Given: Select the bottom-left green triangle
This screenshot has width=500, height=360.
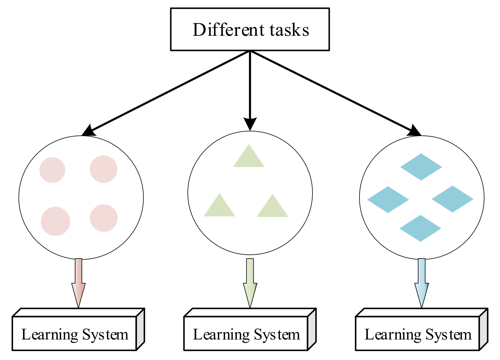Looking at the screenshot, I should pos(219,208).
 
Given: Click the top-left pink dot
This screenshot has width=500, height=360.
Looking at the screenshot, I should pos(52,170).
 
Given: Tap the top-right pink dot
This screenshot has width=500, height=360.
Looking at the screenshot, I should pos(104,169).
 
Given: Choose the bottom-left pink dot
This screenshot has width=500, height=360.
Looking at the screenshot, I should pos(55,221).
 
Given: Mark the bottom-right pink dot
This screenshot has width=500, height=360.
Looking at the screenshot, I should pos(104,218).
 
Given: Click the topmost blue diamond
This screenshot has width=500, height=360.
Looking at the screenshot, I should pos(421,167).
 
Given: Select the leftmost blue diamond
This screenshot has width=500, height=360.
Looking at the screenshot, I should pos(388,200).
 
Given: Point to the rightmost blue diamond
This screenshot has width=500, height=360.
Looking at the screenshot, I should pos(452,199).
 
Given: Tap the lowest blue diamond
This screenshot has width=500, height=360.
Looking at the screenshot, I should pos(420,228).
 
